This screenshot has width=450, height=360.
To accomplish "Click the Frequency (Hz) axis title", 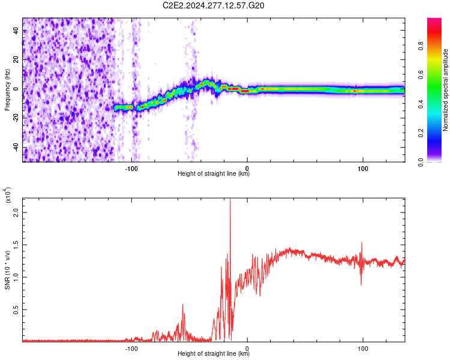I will [7, 89].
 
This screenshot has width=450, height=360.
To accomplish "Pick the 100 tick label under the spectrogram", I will [362, 167].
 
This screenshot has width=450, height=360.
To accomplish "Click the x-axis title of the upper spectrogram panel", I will [214, 174].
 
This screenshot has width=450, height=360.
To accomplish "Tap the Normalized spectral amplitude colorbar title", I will [446, 89].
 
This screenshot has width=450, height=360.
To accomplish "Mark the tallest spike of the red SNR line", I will [230, 200].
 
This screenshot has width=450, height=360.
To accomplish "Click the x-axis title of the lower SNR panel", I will [214, 354].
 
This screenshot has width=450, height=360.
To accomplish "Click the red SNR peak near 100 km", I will [362, 243].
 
